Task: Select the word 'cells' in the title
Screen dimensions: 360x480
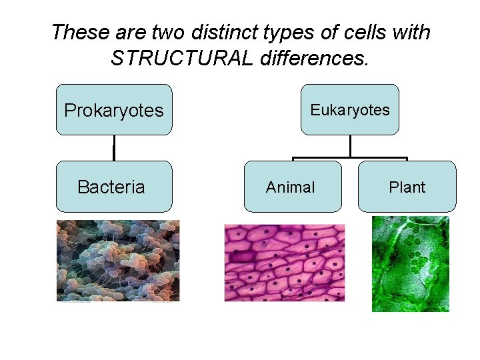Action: [367, 32]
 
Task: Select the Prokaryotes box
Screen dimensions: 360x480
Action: [114, 110]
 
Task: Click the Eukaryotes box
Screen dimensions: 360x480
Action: [350, 110]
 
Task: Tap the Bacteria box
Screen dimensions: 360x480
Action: [114, 187]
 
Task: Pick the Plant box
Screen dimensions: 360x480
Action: [407, 187]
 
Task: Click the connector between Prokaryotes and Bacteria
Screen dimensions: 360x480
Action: [114, 148]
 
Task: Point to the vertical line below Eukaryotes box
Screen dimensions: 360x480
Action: [350, 146]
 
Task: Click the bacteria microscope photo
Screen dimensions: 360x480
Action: [117, 261]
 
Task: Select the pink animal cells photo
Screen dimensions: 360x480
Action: [285, 262]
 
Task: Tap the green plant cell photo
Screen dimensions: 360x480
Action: [410, 263]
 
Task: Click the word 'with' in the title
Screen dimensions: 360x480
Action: [412, 32]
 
